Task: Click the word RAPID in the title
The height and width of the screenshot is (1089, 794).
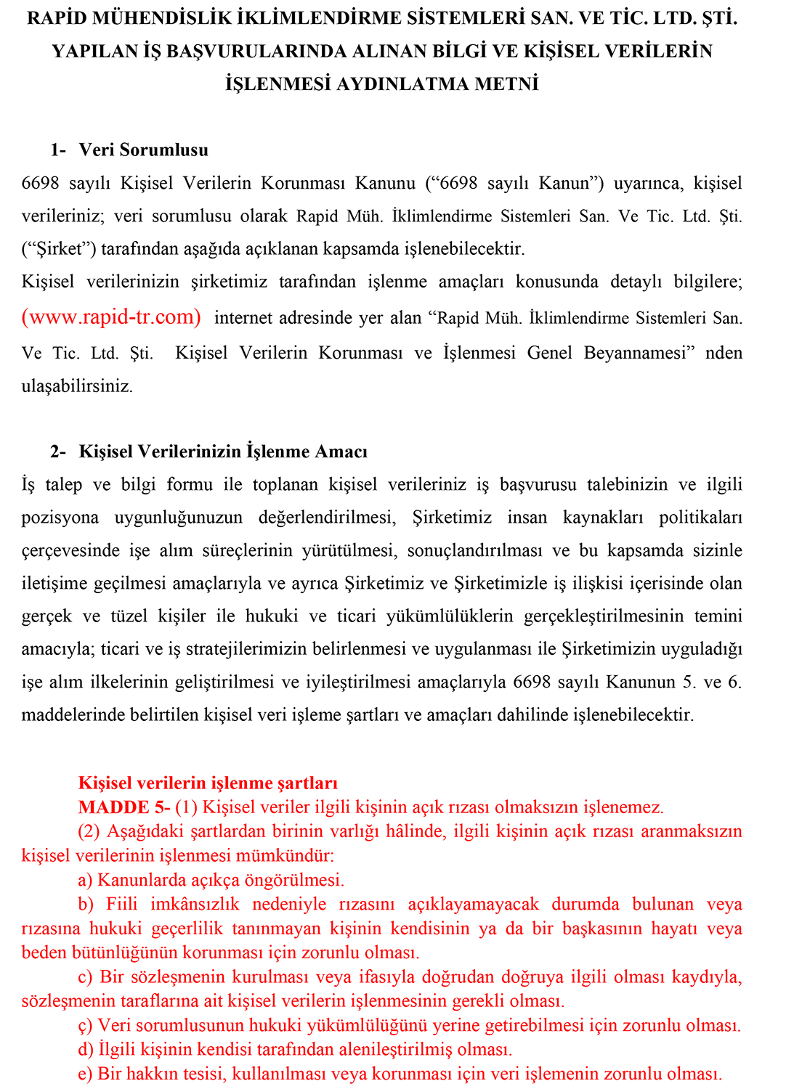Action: click(57, 19)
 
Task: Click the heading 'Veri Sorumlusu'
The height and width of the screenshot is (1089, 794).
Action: click(143, 150)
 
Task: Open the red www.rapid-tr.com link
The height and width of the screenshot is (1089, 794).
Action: click(111, 317)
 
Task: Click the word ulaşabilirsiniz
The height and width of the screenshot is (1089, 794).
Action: click(77, 386)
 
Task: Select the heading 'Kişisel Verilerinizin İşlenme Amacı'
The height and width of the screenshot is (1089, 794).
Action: click(222, 452)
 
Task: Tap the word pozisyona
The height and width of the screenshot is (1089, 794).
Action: click(60, 518)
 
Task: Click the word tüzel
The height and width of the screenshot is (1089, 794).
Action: click(129, 616)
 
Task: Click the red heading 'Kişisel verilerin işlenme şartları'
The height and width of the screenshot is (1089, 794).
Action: click(208, 783)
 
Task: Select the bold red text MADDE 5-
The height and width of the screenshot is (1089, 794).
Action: click(124, 807)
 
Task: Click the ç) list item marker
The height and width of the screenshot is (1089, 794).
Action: click(85, 1026)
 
